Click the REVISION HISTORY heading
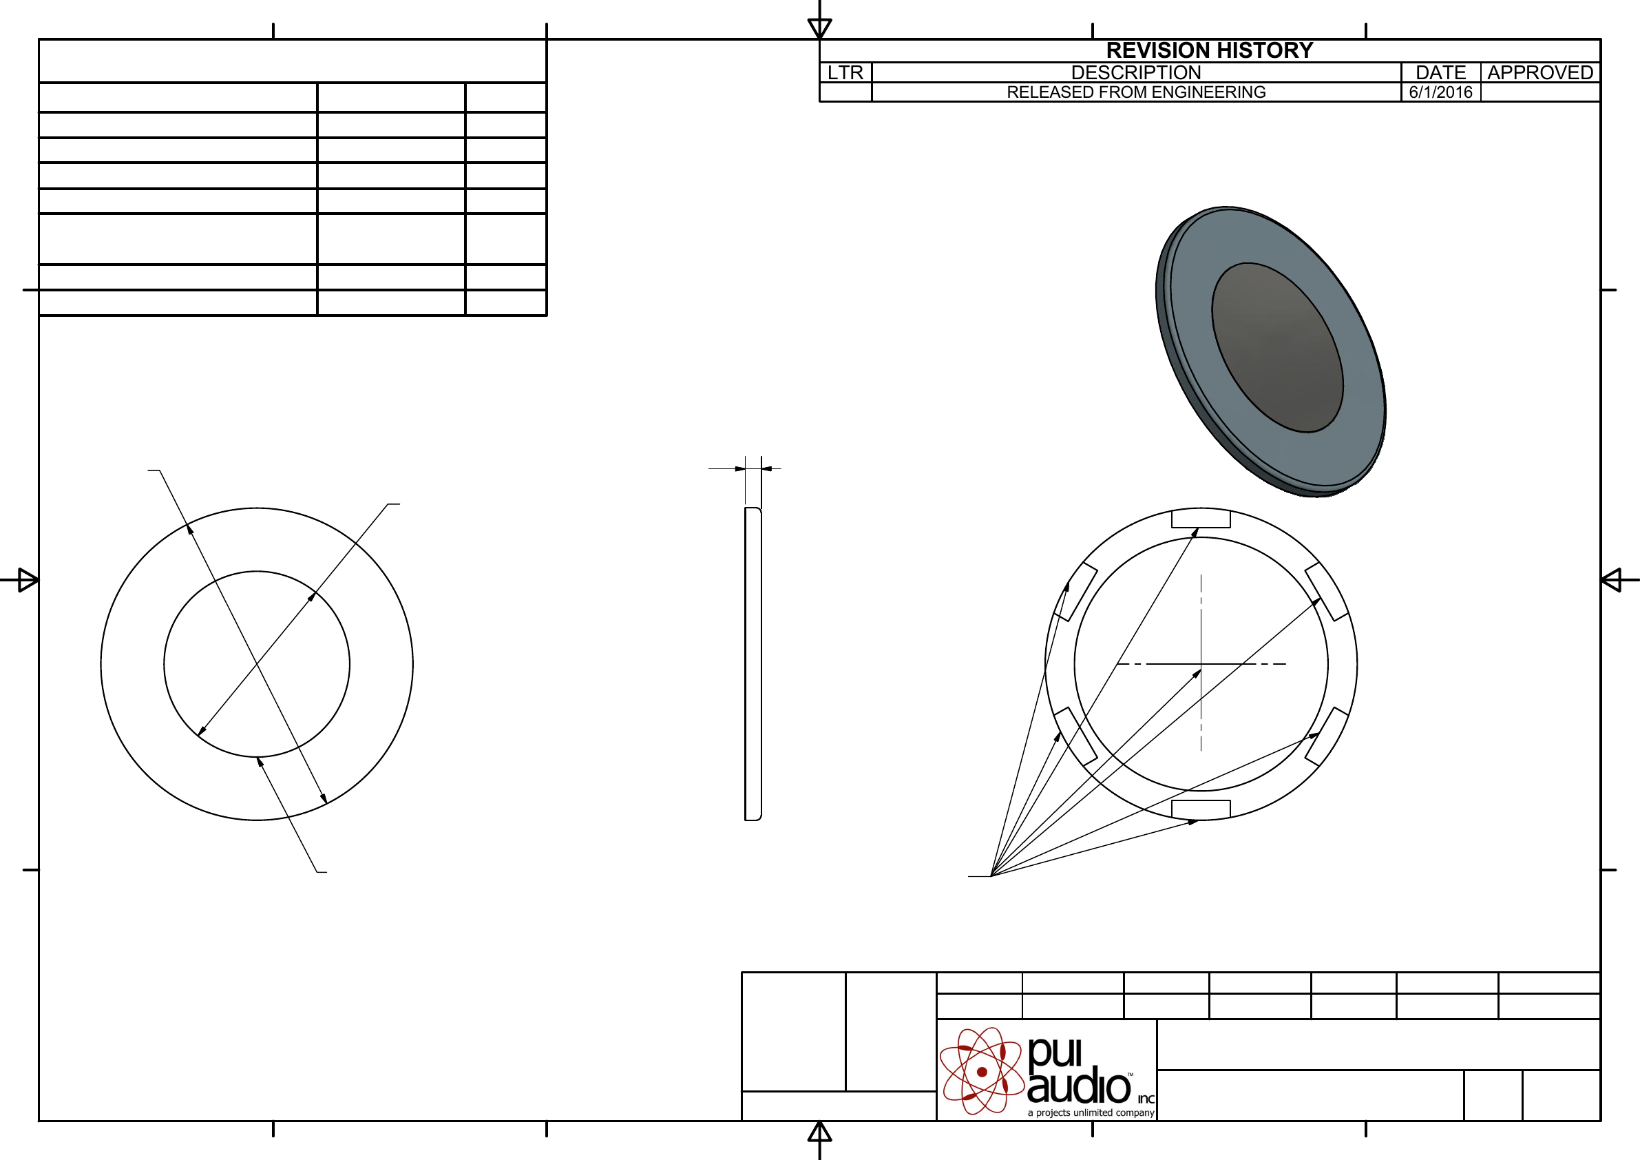(x=1209, y=50)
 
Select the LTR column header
(x=845, y=72)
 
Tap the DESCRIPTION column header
(x=1136, y=72)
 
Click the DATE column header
(x=1441, y=72)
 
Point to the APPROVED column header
(x=1540, y=72)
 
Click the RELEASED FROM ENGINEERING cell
(x=1136, y=92)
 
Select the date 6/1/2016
(x=1441, y=92)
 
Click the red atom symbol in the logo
(x=982, y=1071)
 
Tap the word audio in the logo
(x=1080, y=1087)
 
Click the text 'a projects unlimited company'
(x=1091, y=1113)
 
